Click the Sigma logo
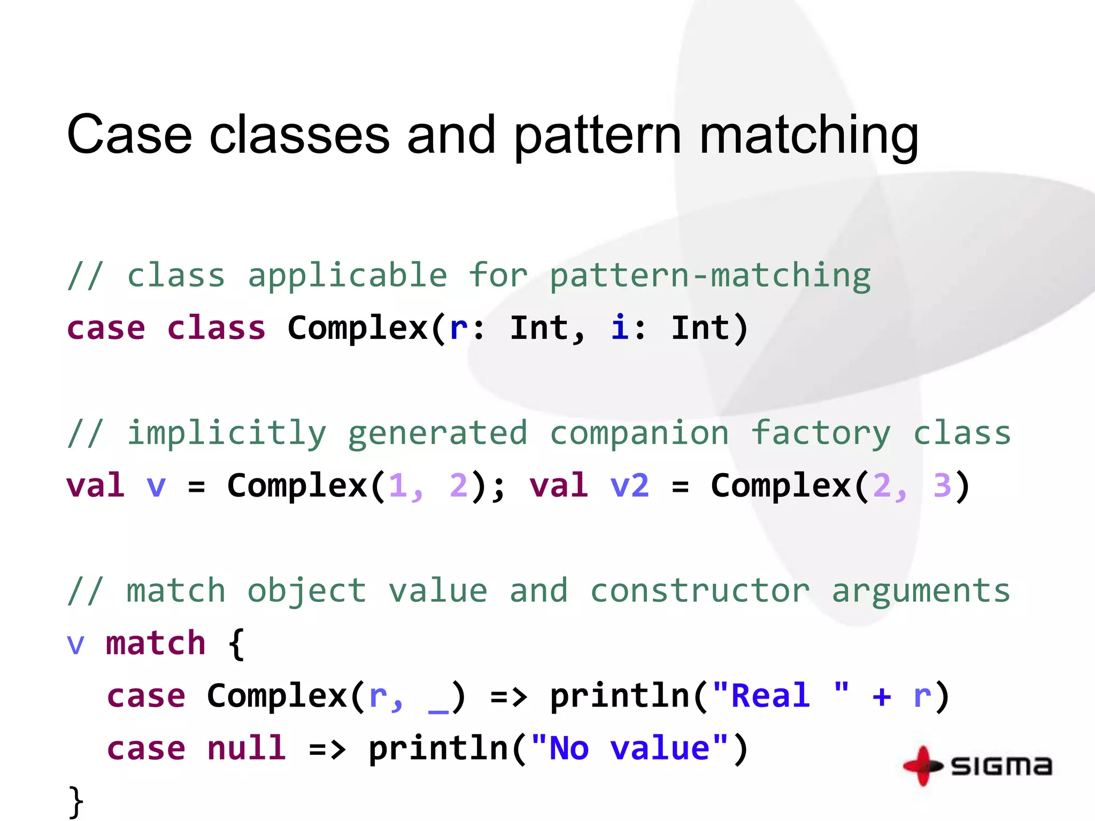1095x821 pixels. pos(977,766)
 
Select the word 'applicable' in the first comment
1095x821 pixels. pos(348,276)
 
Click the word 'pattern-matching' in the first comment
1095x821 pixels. pos(710,276)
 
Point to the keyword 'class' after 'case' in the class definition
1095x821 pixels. pos(217,328)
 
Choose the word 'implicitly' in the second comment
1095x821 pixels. pos(226,433)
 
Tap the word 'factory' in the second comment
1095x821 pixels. pos(821,433)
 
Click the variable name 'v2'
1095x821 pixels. pos(629,486)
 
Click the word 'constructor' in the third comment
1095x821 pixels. pos(699,591)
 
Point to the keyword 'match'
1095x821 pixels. pos(156,643)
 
